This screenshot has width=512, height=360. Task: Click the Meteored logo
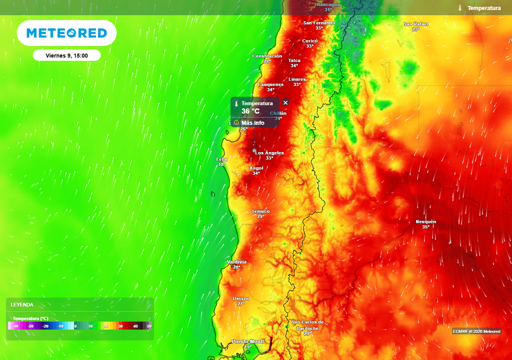[x=66, y=33]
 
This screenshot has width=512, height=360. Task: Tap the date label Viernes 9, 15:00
[x=66, y=55]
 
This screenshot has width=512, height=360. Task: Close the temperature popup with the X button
[x=285, y=102]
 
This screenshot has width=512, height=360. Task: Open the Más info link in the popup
[x=252, y=122]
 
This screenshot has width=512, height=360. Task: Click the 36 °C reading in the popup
[x=250, y=111]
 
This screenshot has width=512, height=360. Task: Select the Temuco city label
[x=260, y=211]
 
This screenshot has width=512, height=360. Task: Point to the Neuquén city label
[x=425, y=221]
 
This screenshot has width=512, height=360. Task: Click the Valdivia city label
[x=236, y=262]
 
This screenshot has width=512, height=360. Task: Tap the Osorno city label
[x=241, y=298]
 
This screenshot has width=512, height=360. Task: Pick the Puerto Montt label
[x=247, y=341]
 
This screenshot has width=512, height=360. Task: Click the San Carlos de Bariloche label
[x=307, y=325]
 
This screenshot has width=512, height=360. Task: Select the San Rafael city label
[x=416, y=24]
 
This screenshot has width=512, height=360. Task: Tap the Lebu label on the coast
[x=221, y=159]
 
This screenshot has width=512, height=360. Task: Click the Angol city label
[x=256, y=168]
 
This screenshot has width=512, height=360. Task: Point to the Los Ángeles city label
[x=269, y=153]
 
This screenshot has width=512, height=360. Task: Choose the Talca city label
[x=294, y=60]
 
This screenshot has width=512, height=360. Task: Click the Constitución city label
[x=267, y=56]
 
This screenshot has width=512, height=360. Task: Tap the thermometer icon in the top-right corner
[x=459, y=8]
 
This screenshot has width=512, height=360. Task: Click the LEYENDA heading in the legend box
[x=22, y=304]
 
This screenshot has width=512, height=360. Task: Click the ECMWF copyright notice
[x=476, y=331]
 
